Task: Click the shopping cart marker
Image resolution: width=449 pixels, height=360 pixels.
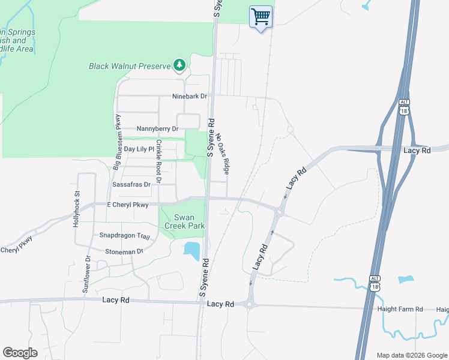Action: point(261,17)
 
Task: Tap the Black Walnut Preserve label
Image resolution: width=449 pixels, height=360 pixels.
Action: point(130,66)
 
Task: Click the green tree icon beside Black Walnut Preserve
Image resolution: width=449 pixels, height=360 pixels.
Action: point(179,64)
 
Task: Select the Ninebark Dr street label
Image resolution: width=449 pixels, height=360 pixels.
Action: point(189,96)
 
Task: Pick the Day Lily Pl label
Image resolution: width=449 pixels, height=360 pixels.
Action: point(139,149)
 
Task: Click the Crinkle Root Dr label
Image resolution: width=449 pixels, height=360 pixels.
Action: point(159,161)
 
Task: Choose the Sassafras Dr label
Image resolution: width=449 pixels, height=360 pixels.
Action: point(131,185)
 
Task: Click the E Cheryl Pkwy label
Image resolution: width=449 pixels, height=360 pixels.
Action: point(127,205)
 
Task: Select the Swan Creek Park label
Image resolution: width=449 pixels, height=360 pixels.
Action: point(189,222)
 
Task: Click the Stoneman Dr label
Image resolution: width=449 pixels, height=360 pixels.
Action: point(124,252)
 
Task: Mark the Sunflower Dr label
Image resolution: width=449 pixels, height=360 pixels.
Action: point(87,274)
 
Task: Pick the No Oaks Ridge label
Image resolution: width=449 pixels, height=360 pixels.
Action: point(222,154)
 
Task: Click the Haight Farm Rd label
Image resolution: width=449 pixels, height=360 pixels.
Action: point(400,310)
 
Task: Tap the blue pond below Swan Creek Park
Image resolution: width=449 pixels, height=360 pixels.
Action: point(191,250)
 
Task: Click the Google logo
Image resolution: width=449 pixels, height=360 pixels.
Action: point(20,353)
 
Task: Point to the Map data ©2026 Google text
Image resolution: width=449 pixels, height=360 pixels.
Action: point(411,355)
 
